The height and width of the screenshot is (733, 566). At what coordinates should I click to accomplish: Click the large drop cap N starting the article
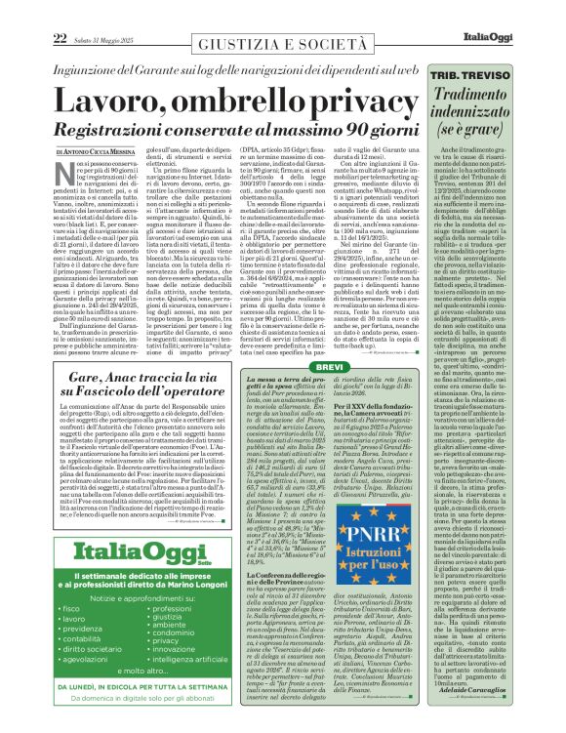tap(61, 170)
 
